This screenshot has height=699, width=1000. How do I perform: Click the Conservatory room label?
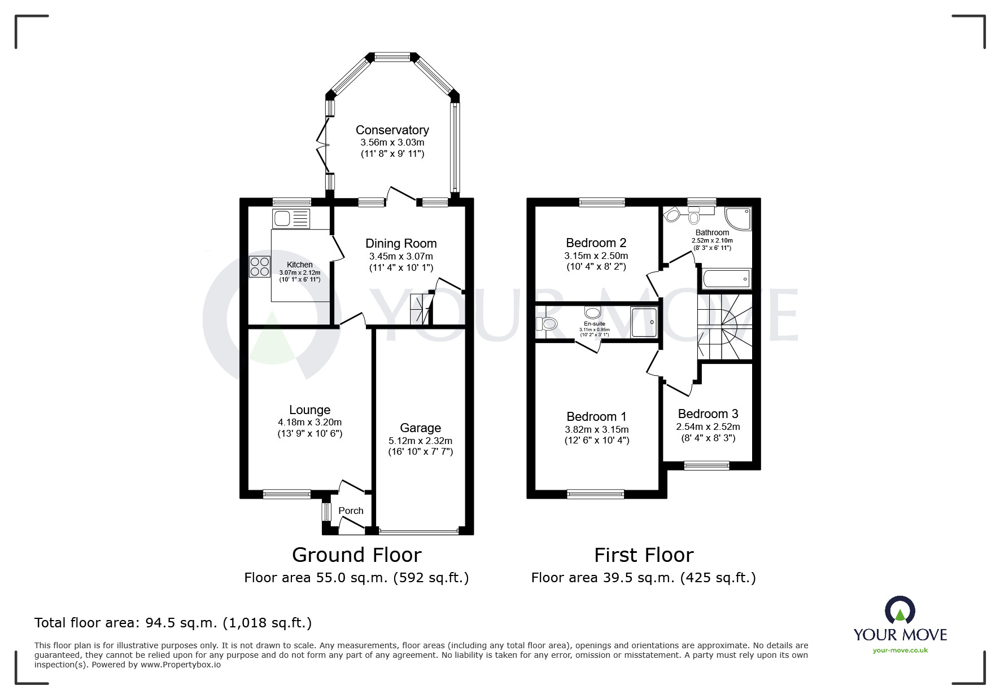tap(392, 130)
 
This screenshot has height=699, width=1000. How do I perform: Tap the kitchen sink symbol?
tap(291, 218)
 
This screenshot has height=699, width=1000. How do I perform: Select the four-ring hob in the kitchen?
tap(260, 267)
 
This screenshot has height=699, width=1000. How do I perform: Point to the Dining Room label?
tap(401, 244)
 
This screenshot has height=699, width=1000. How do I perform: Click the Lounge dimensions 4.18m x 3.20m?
tap(309, 422)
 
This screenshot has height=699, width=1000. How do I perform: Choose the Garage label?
tap(420, 428)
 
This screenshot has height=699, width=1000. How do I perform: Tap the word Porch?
tap(351, 511)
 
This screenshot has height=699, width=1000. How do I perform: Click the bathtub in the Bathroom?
tap(726, 279)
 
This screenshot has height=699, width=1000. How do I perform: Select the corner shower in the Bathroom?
tap(738, 219)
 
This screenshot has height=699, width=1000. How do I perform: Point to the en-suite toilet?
tap(547, 324)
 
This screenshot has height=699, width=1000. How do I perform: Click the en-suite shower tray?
tap(644, 322)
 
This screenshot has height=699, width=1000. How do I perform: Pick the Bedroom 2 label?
tap(596, 243)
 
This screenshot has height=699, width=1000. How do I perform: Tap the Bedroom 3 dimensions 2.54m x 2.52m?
tap(708, 427)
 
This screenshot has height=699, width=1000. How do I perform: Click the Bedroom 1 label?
tap(596, 417)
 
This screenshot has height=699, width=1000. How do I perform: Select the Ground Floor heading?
tap(356, 555)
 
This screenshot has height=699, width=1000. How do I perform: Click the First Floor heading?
tap(643, 555)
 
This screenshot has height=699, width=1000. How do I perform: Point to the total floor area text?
tap(173, 623)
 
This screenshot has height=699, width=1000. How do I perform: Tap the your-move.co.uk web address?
tap(900, 650)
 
